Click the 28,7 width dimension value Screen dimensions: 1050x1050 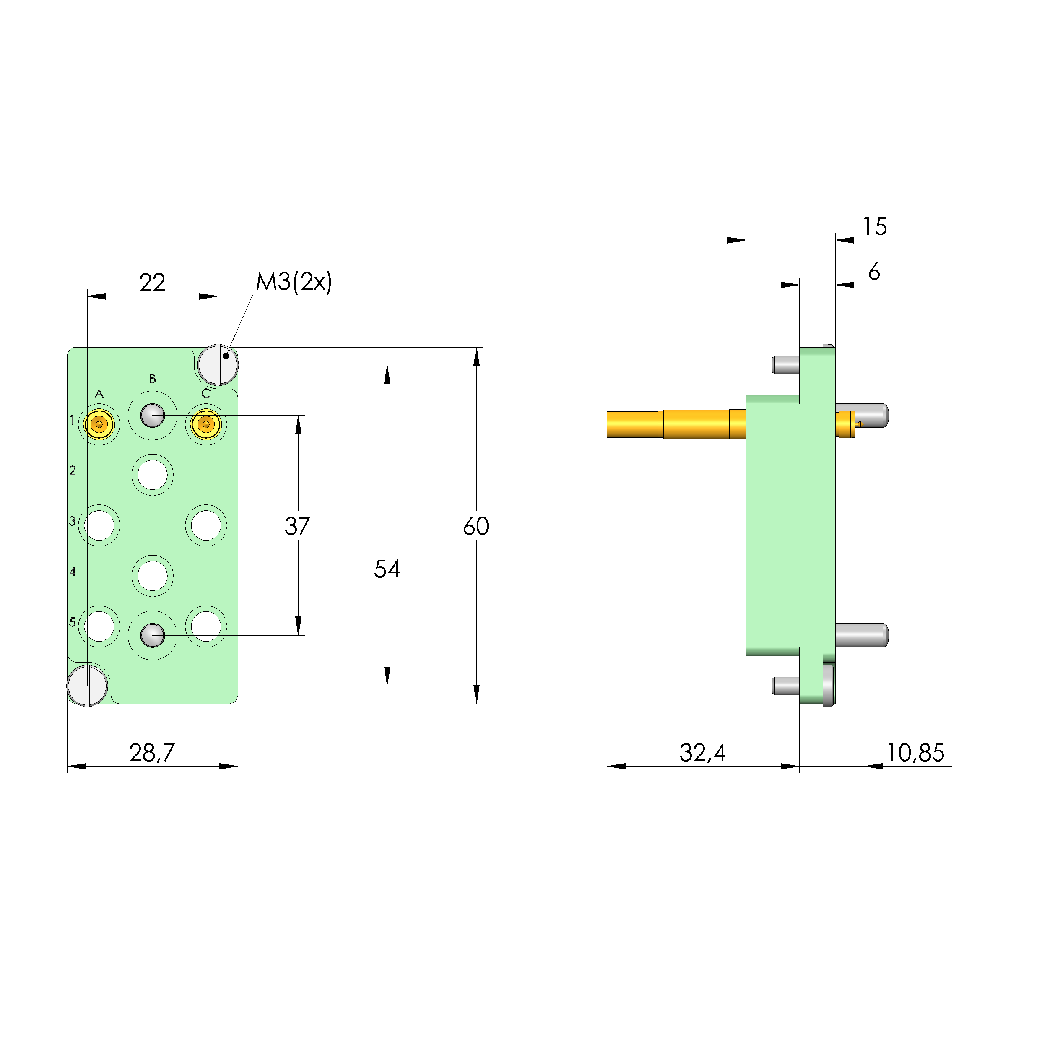tap(152, 753)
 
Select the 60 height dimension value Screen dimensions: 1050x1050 tap(476, 526)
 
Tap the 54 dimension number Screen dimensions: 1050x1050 tap(387, 569)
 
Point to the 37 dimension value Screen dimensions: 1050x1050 tap(297, 526)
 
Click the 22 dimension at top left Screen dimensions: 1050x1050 tap(152, 283)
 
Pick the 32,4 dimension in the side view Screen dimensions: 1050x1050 tap(702, 753)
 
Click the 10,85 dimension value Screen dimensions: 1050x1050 tap(916, 753)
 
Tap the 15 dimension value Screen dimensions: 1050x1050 tap(876, 226)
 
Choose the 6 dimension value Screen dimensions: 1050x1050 tap(874, 272)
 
